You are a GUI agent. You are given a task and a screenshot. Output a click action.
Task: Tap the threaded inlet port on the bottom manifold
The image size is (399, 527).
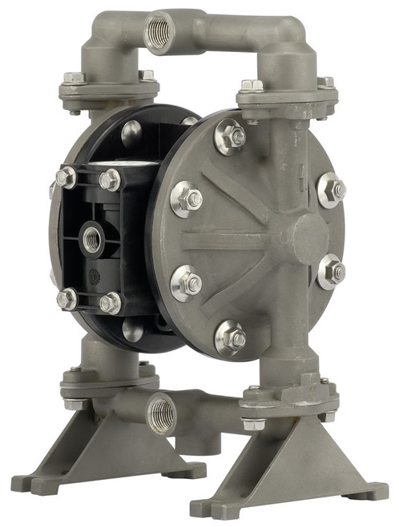pyautogui.click(x=162, y=414)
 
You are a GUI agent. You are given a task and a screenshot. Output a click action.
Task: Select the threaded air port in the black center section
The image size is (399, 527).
pyautogui.click(x=92, y=238)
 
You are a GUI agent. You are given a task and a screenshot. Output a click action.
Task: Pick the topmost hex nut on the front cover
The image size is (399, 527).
pyautogui.click(x=231, y=138)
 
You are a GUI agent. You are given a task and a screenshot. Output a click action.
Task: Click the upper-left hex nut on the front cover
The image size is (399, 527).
pyautogui.click(x=185, y=198)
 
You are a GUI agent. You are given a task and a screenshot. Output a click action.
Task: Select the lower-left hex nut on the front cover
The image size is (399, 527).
pyautogui.click(x=185, y=282)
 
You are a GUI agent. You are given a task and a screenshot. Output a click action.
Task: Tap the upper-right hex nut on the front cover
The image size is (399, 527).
pyautogui.click(x=332, y=190)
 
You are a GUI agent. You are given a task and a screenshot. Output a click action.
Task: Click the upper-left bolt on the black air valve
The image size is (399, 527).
pyautogui.click(x=66, y=177)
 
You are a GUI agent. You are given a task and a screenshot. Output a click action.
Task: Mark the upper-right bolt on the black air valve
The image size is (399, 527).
pyautogui.click(x=110, y=181)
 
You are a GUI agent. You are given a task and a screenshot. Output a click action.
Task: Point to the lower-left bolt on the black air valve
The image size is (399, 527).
pyautogui.click(x=66, y=299)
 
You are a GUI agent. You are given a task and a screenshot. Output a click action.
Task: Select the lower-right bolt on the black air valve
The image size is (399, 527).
pyautogui.click(x=111, y=302)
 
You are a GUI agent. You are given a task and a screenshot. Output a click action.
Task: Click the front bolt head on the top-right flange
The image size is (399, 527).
pyautogui.click(x=251, y=86)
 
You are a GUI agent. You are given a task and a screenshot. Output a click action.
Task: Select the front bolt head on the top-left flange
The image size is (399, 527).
pyautogui.click(x=75, y=78)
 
